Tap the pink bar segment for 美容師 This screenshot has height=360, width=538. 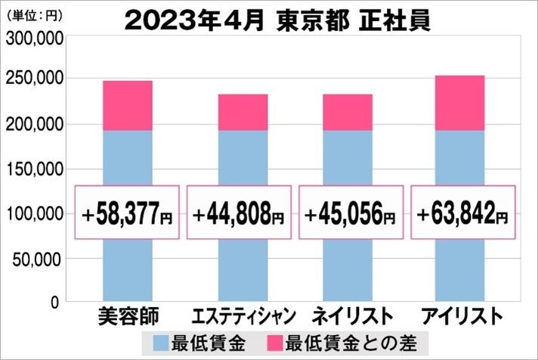pyautogui.click(x=127, y=105)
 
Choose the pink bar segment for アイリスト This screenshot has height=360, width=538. pyautogui.click(x=459, y=103)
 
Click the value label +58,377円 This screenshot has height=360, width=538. pyautogui.click(x=127, y=216)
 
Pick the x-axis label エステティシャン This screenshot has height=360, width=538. pyautogui.click(x=241, y=315)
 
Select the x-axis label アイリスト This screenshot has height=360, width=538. pyautogui.click(x=461, y=315)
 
